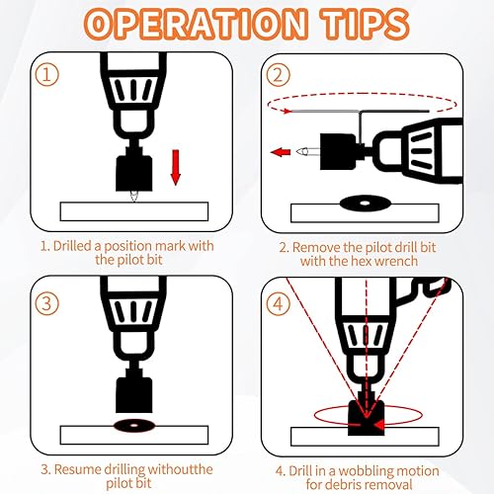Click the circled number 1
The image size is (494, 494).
[x=46, y=75]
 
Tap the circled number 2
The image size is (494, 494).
[x=279, y=75]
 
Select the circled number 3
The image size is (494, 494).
[x=46, y=303]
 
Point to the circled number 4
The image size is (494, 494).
[x=279, y=303]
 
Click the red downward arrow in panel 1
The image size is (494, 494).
[x=176, y=167]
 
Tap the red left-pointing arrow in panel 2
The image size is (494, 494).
[x=281, y=152]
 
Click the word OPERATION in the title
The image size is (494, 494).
[x=195, y=25]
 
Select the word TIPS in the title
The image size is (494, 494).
[x=366, y=25]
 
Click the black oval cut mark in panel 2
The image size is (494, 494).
[x=365, y=204]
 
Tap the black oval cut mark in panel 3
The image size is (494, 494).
[x=133, y=426]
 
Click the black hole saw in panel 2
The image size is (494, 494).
[x=339, y=151]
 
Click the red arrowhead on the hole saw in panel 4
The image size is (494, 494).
[x=379, y=425]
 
